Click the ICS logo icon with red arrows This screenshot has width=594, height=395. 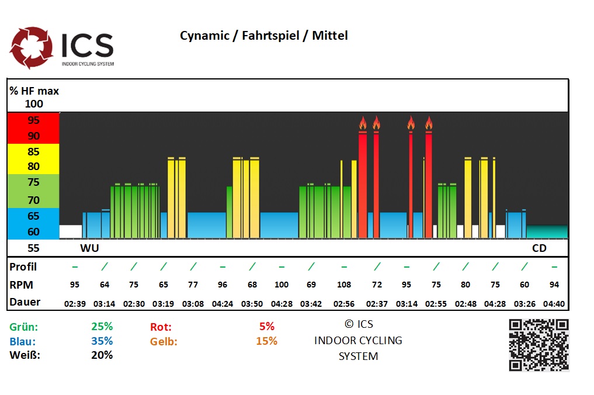(32, 47)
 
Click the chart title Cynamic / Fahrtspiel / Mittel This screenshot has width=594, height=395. (263, 36)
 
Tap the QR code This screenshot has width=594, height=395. (538, 345)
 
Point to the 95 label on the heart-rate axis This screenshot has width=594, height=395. (33, 120)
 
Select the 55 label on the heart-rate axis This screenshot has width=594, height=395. (33, 248)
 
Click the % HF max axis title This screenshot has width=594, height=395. (34, 91)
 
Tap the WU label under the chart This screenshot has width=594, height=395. (89, 248)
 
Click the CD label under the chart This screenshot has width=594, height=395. (539, 248)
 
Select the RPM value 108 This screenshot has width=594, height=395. (344, 285)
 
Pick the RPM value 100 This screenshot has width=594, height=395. (282, 285)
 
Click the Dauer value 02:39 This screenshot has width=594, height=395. (75, 304)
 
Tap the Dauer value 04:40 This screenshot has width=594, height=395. (554, 304)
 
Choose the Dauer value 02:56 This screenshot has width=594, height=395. (344, 304)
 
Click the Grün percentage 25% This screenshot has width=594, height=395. (102, 327)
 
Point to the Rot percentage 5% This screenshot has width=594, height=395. (266, 327)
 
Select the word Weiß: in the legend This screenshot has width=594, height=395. (25, 355)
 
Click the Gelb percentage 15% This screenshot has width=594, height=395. (266, 341)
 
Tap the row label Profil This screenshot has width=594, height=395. (23, 266)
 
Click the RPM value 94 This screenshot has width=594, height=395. (554, 285)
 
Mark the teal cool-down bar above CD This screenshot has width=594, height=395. (547, 232)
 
